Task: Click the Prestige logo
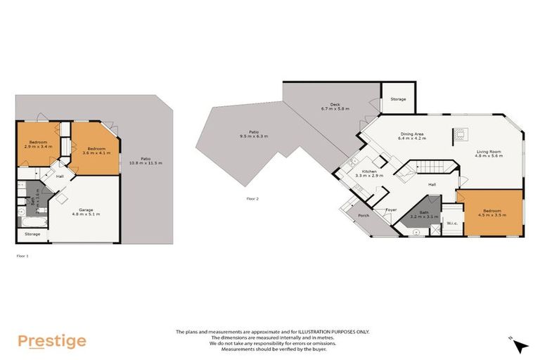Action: (x=52, y=342)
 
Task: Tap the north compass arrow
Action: (x=520, y=345)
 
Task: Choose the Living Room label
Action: (x=491, y=154)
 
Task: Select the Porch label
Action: (x=364, y=216)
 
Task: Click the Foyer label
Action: (x=391, y=210)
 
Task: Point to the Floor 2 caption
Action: (x=252, y=199)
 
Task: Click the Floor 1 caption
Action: (x=22, y=256)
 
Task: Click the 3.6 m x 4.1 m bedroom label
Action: (x=94, y=150)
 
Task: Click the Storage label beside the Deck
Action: (x=398, y=100)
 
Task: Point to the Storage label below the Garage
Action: (x=32, y=233)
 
